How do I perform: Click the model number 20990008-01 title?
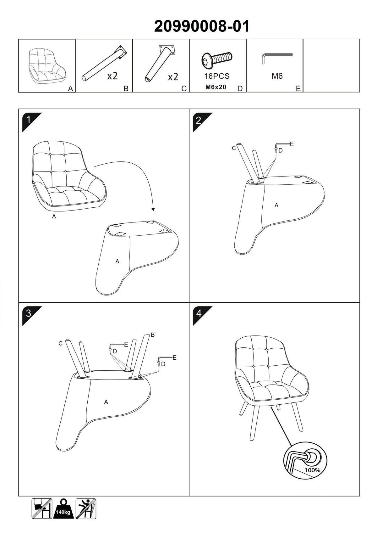202,26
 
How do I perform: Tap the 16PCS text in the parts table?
217,76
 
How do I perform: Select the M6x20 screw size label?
216,87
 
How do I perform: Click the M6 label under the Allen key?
277,76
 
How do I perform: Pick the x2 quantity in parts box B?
112,76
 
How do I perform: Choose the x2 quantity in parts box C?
173,77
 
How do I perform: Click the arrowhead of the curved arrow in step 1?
153,209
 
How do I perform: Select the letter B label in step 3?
153,335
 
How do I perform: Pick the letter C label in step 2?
234,148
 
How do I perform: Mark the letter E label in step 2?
292,144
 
